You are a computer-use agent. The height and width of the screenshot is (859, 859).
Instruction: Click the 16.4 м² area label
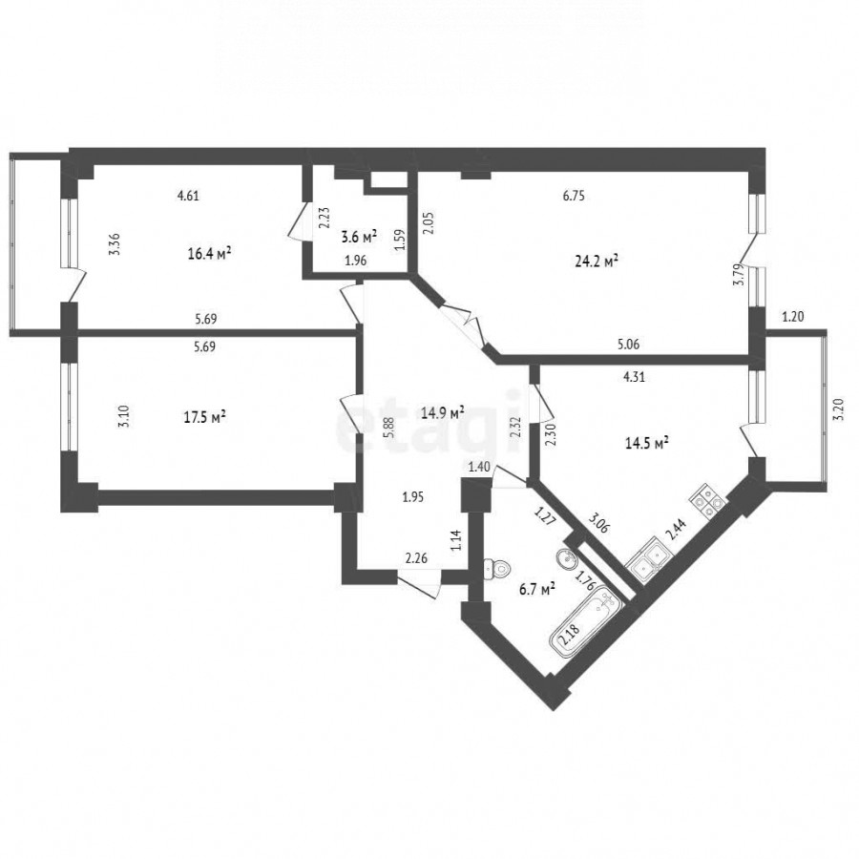[x=209, y=254]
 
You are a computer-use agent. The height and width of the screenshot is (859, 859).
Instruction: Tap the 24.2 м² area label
[x=597, y=261]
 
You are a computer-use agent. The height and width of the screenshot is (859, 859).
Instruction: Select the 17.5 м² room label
[x=205, y=417]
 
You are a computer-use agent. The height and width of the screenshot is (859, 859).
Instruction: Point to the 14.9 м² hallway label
[x=443, y=412]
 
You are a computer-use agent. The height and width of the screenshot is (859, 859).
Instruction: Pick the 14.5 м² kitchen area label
[x=647, y=443]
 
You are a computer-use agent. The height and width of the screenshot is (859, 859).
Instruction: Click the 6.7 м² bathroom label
[x=536, y=590]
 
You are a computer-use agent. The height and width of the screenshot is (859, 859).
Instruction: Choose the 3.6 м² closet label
[x=360, y=238]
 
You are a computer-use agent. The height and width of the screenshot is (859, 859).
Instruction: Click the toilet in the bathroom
[x=496, y=569]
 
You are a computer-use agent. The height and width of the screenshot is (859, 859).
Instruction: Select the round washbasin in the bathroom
[x=566, y=560]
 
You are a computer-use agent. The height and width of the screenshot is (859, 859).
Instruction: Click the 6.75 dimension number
[x=574, y=196]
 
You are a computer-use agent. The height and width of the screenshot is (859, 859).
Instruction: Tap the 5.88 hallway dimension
[x=389, y=428]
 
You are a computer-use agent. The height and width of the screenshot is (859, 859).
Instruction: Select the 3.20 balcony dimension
[x=838, y=409]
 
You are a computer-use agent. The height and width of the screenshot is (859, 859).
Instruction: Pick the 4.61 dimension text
[x=188, y=196]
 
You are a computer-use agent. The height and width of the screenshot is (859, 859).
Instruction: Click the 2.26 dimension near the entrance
[x=416, y=558]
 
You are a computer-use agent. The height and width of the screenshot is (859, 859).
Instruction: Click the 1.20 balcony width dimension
[x=793, y=316]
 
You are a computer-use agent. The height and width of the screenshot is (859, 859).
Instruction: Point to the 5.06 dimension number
[x=628, y=345]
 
